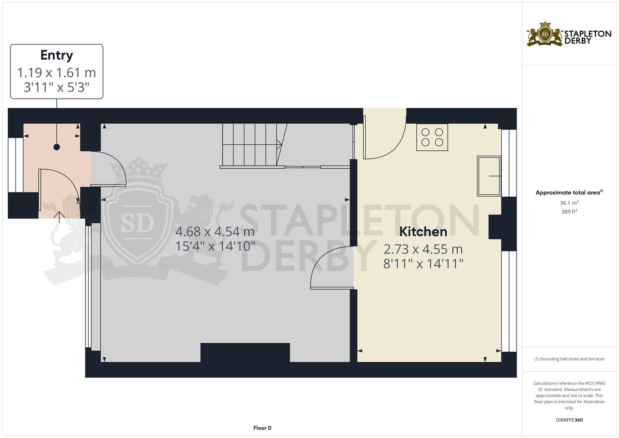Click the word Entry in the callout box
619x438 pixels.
[x=57, y=55]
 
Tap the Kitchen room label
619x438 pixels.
[x=423, y=232]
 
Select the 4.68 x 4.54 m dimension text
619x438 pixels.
[x=215, y=232]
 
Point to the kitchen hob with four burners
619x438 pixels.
[x=432, y=137]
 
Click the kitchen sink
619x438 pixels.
[x=489, y=176]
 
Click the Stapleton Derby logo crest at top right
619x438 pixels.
[x=545, y=34]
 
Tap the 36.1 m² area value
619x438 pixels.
[x=569, y=203]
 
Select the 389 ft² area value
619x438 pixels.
[x=569, y=212]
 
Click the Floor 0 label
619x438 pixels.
[x=262, y=428]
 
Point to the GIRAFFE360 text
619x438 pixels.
[x=569, y=420]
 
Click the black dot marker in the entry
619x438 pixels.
[x=57, y=147]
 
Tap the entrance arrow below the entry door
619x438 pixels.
[x=59, y=217]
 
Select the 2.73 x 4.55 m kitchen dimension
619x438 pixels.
[x=423, y=249]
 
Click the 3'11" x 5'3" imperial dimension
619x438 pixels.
[x=57, y=87]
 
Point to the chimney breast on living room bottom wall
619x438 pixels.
[x=245, y=352]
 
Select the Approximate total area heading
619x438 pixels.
[x=569, y=193]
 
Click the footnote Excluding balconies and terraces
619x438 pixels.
[x=569, y=359]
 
